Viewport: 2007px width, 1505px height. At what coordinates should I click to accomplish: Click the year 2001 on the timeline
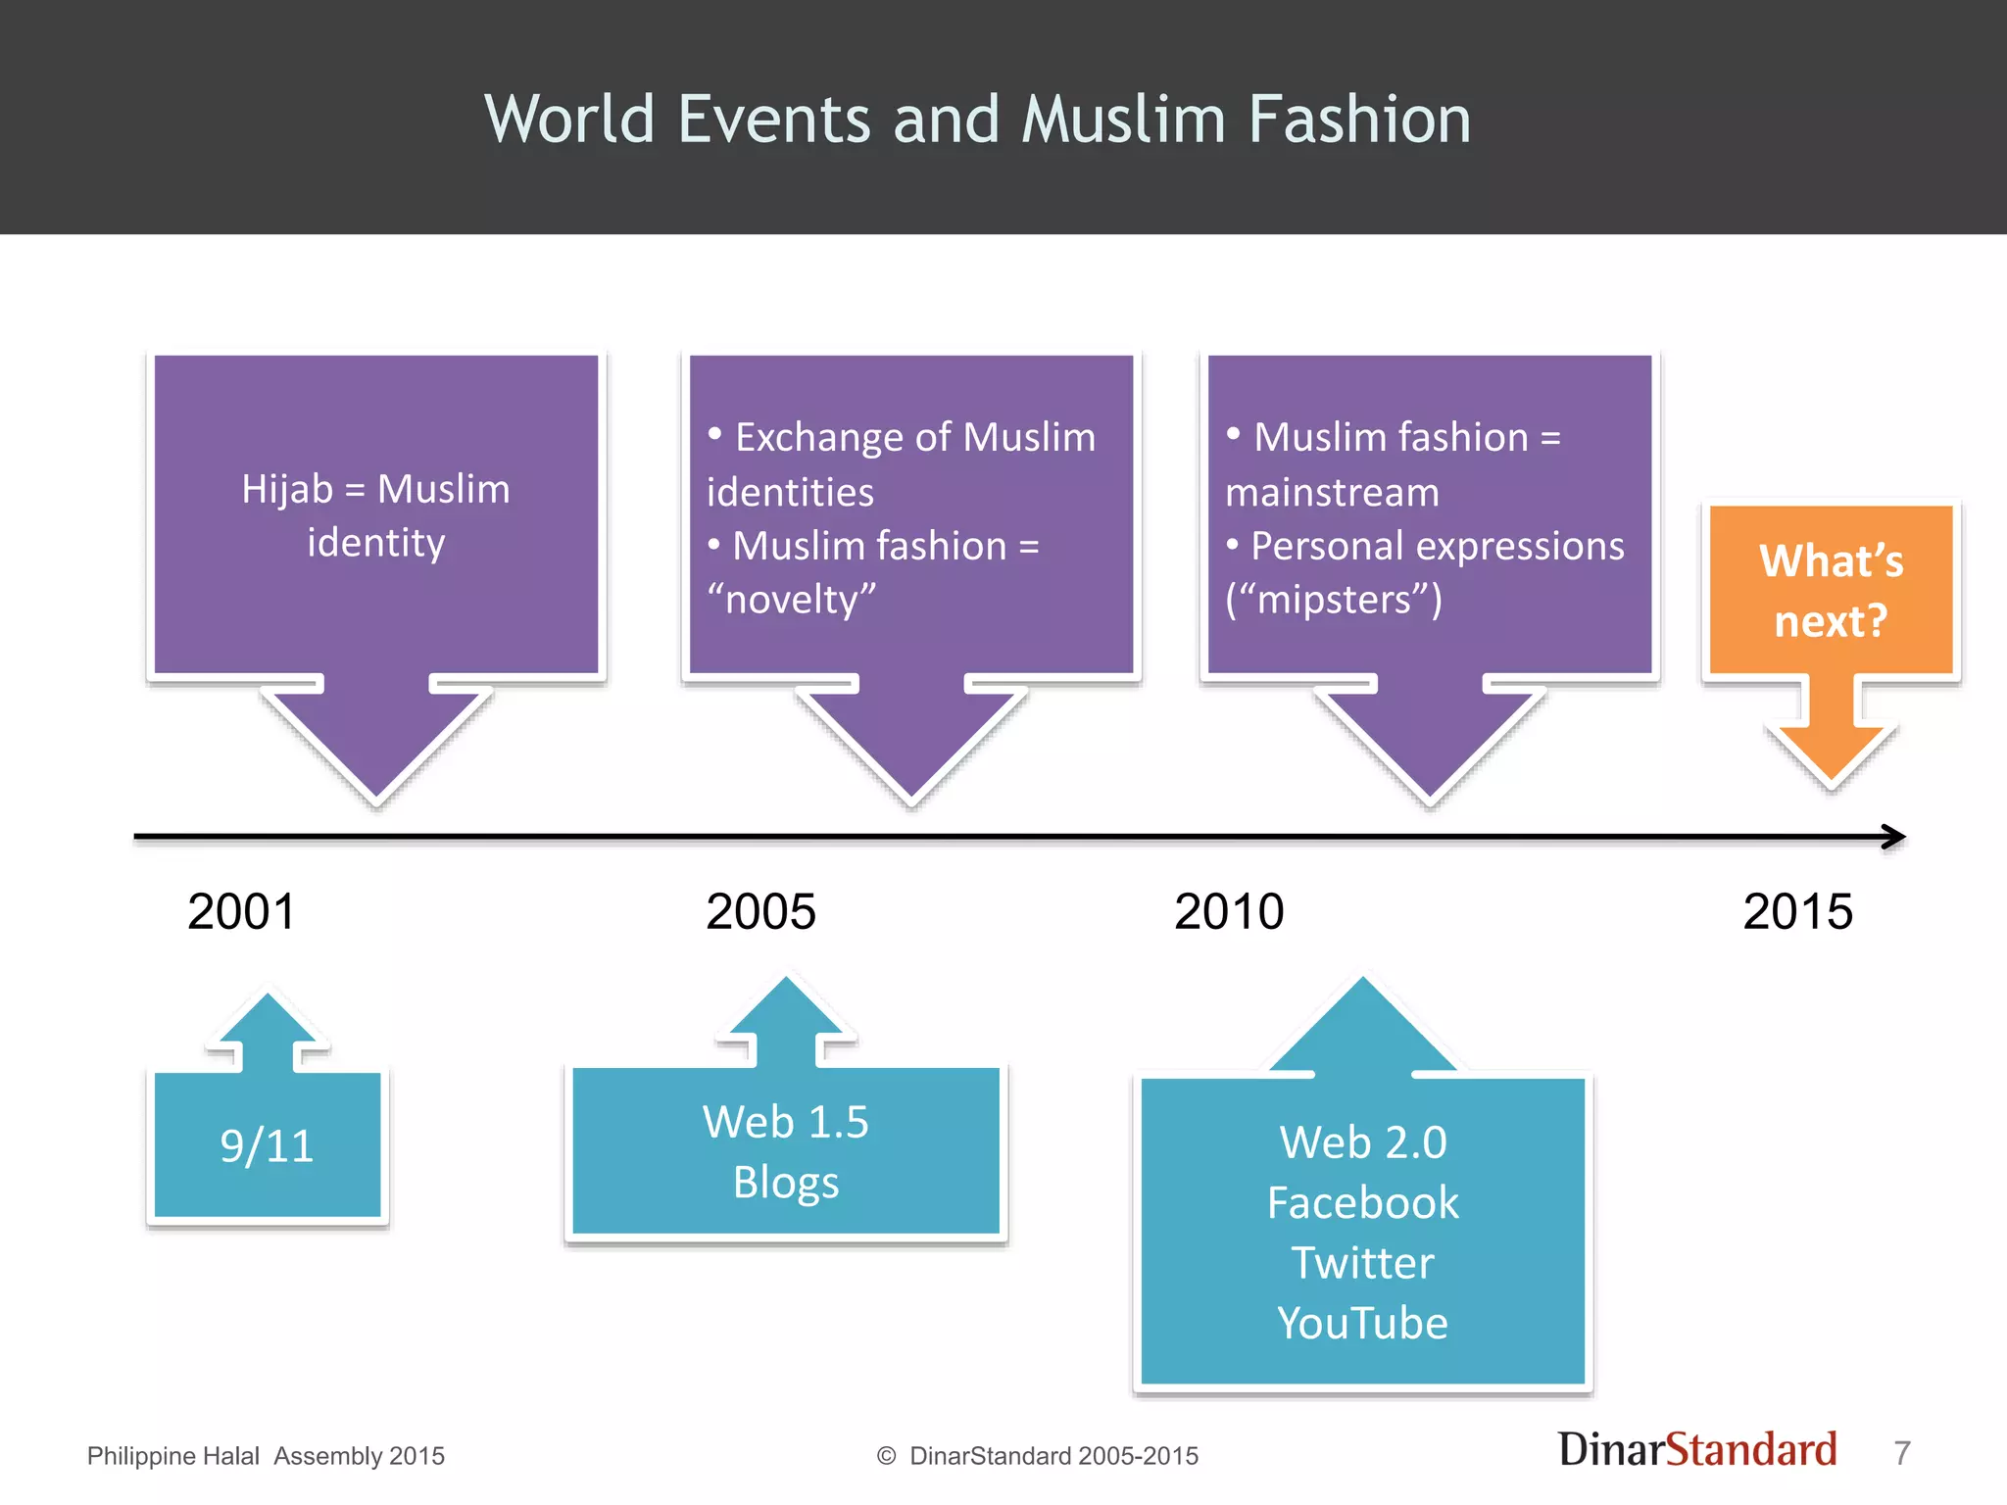point(241,911)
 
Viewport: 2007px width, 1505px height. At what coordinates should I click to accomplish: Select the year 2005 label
point(760,911)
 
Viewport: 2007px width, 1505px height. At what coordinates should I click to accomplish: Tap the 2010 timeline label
point(1229,911)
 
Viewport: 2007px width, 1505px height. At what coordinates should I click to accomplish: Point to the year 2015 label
point(1797,911)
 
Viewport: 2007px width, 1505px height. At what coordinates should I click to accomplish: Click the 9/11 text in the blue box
point(267,1145)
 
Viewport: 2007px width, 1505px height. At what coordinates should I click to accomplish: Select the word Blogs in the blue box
point(786,1183)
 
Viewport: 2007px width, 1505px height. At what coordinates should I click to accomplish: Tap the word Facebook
point(1362,1203)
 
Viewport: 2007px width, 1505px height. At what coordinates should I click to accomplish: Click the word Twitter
point(1362,1263)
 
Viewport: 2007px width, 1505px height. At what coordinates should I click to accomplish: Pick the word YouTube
point(1362,1324)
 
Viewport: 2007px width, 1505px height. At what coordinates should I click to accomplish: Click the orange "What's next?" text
point(1831,591)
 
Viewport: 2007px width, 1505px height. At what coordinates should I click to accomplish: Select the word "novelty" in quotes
point(792,600)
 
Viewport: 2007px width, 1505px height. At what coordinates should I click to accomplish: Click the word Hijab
point(286,489)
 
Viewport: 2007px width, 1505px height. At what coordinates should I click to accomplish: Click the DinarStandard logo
point(1697,1450)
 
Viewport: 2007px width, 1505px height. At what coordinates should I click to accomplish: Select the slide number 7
point(1902,1453)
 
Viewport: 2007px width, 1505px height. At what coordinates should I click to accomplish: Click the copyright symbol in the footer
point(887,1456)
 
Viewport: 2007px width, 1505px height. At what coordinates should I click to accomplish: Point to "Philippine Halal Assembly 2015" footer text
point(266,1456)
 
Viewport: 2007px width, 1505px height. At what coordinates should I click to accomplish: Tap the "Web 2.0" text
point(1362,1142)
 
